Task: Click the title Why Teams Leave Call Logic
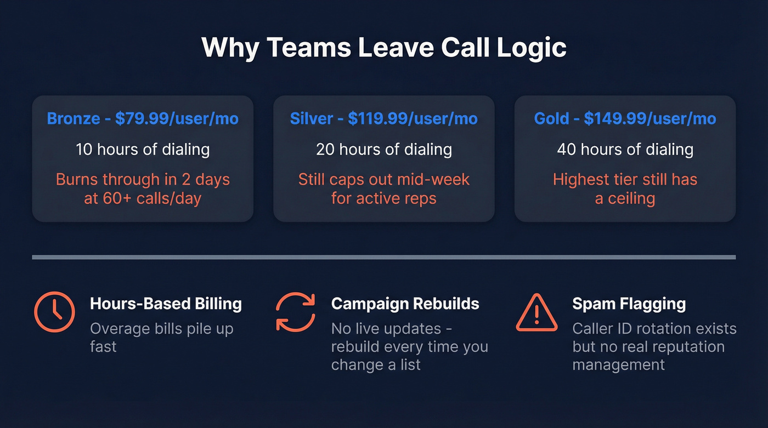click(x=383, y=48)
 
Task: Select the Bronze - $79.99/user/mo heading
click(x=143, y=118)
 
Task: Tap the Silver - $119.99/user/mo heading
click(x=383, y=118)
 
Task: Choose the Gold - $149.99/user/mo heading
click(x=625, y=118)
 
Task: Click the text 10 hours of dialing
click(x=143, y=149)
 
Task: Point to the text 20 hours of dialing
click(x=383, y=149)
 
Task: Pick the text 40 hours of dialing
click(x=625, y=149)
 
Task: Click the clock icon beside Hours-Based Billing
click(x=54, y=312)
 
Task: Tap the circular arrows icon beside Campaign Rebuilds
click(x=295, y=312)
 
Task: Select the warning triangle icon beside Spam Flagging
click(x=537, y=312)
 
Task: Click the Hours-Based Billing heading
click(x=166, y=304)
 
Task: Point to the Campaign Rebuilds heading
click(x=405, y=304)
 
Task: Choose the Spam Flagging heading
click(x=629, y=304)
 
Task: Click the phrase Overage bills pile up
click(x=161, y=329)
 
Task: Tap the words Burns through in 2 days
click(x=143, y=179)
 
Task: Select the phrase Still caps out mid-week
click(x=383, y=179)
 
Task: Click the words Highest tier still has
click(x=625, y=179)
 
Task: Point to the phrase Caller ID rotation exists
click(x=654, y=329)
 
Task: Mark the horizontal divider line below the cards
click(x=383, y=256)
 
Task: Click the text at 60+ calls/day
click(x=143, y=198)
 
